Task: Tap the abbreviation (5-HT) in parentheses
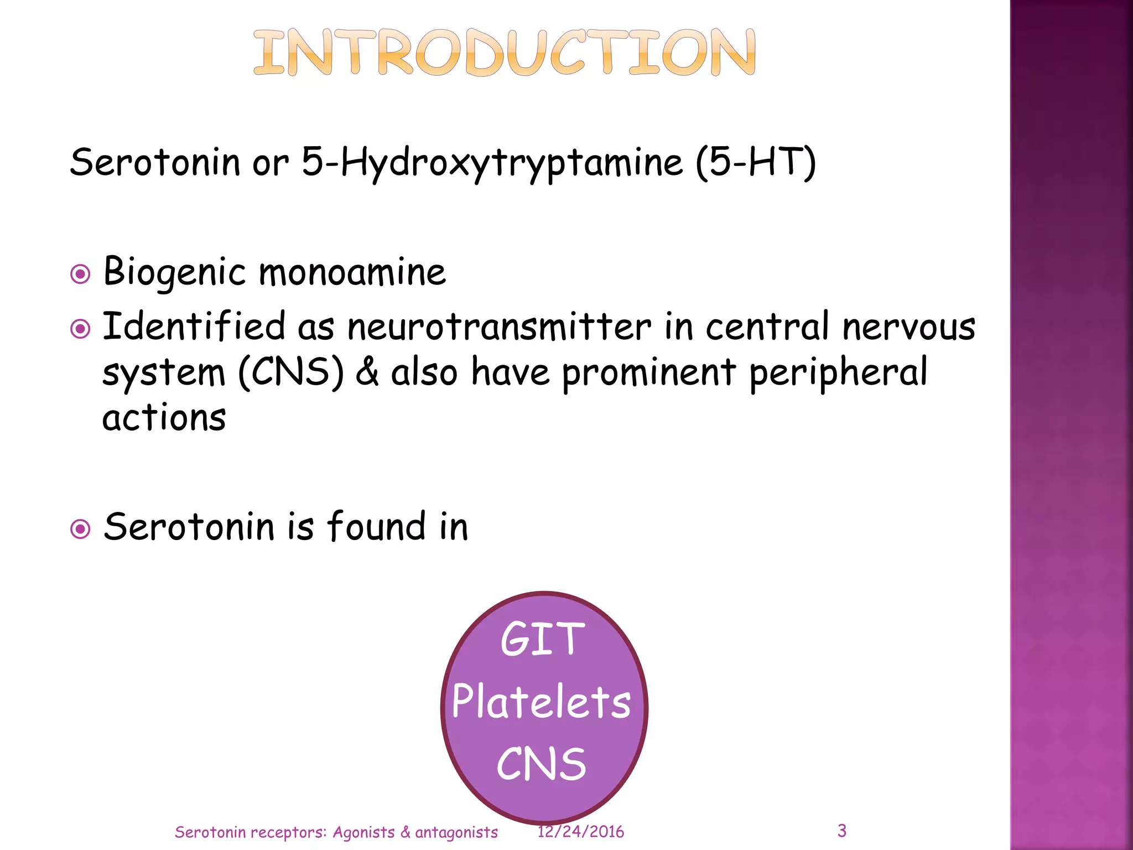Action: coord(756,163)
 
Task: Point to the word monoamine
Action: coord(352,273)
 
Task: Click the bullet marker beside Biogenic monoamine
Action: coord(81,274)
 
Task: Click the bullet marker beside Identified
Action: coord(81,329)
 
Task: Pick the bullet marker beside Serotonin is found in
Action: coord(81,529)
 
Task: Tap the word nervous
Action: coord(908,326)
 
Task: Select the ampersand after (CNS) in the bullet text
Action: coord(367,372)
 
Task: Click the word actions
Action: coord(164,418)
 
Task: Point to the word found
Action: coord(376,526)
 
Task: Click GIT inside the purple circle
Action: coord(542,640)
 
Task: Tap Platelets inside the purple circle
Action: coord(541,702)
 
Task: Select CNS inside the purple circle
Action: coord(541,764)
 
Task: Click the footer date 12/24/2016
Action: coord(580,832)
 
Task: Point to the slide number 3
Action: coord(841,831)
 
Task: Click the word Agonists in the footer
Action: coord(363,832)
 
